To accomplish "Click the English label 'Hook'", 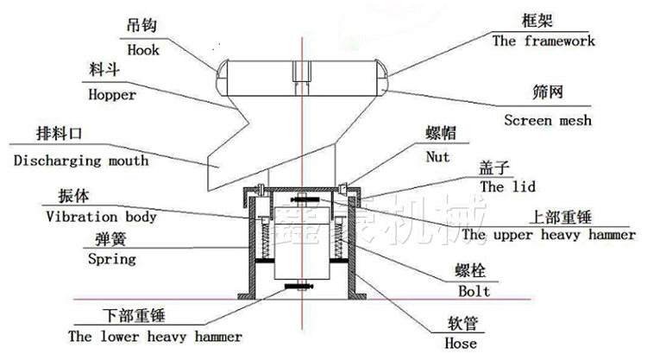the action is coord(142,50).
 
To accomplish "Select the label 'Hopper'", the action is coord(112,95).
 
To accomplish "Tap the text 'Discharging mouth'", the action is coord(81,161).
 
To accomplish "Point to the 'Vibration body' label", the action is coord(101,217).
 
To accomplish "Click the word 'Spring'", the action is coord(112,259).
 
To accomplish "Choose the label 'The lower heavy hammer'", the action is coord(155,336).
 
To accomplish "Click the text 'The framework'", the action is coord(543,41).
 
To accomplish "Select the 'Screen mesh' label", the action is coord(548,120).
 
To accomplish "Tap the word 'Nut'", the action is coord(437,156).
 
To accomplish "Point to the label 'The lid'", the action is coord(507,186).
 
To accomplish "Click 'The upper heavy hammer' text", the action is coord(549,235).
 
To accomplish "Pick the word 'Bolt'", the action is coord(474,291).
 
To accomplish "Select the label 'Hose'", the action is coord(461,343).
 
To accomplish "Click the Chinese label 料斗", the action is coord(104,69).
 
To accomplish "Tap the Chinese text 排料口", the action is coord(59,133).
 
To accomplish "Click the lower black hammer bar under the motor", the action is coord(298,286).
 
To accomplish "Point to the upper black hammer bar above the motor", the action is coord(305,199).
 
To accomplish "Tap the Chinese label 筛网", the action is coord(548,92).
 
